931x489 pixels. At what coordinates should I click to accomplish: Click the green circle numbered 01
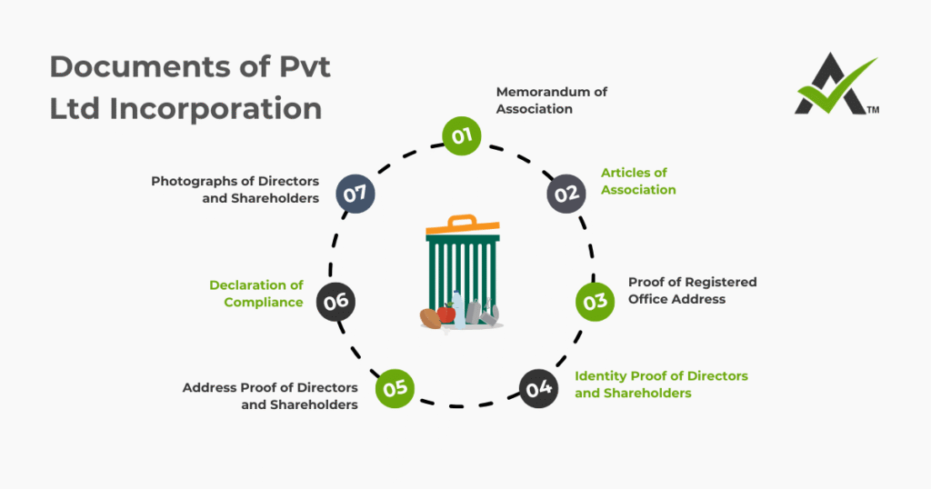[x=461, y=136]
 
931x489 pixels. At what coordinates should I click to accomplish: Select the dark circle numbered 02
[x=566, y=193]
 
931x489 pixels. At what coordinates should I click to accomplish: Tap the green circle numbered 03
[x=595, y=301]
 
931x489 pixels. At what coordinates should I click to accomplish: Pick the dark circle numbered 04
[x=539, y=388]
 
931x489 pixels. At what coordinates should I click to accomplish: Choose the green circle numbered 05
[x=395, y=388]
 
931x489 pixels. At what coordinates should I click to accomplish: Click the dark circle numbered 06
[x=335, y=301]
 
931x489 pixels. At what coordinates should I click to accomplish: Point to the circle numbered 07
[x=355, y=193]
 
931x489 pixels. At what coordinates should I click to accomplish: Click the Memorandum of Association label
[x=551, y=100]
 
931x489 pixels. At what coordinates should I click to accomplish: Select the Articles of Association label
[x=638, y=181]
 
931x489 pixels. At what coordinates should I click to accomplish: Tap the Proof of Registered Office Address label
[x=692, y=290]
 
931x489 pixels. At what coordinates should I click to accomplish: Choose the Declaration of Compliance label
[x=256, y=294]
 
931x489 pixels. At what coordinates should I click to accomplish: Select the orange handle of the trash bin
[x=463, y=221]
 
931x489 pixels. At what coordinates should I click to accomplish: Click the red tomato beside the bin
[x=446, y=313]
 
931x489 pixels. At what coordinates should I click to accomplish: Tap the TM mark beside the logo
[x=873, y=111]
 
